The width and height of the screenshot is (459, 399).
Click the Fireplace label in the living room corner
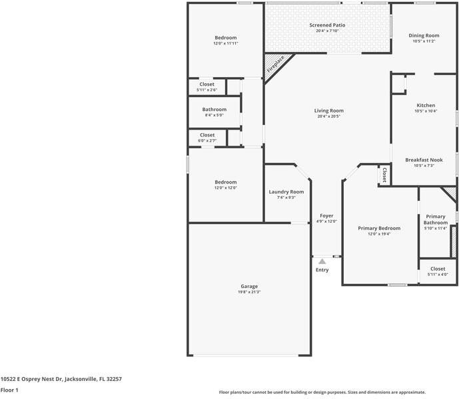(x=275, y=65)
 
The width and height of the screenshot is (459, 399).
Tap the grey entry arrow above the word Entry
(x=322, y=261)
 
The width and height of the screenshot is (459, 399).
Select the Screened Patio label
(x=327, y=25)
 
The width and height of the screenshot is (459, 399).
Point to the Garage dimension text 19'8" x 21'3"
(x=249, y=292)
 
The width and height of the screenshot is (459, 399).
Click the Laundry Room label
(x=286, y=192)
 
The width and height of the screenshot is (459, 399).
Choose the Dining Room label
(x=424, y=36)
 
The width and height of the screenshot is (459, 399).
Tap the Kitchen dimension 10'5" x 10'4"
(x=426, y=111)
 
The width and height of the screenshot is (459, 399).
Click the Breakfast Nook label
(x=424, y=160)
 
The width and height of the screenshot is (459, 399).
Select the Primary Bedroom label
(x=379, y=228)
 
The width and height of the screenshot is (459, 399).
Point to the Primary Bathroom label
(x=436, y=219)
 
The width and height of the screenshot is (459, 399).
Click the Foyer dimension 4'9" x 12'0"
(x=326, y=221)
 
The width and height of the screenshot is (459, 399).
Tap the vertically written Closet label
(x=384, y=175)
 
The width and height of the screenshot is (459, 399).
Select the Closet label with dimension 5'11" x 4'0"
(x=438, y=269)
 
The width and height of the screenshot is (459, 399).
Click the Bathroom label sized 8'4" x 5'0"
(x=215, y=109)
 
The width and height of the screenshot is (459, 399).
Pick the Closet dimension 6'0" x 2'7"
(x=207, y=140)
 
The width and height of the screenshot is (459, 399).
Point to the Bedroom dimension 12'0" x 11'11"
(x=226, y=43)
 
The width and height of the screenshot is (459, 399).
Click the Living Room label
(x=328, y=110)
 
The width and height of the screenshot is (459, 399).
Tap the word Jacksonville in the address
(x=81, y=379)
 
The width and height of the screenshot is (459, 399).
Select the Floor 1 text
(x=9, y=390)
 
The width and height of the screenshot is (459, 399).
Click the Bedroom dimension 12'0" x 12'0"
(x=226, y=188)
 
